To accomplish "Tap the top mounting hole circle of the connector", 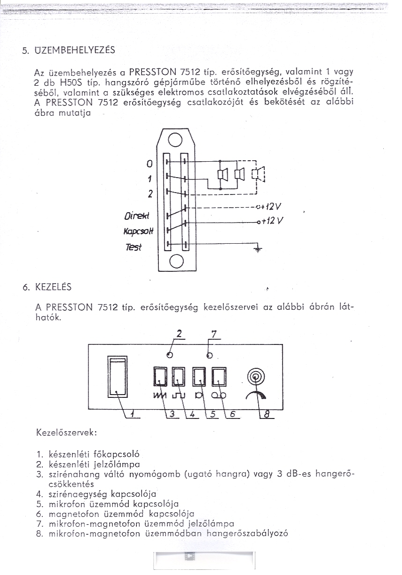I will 175,139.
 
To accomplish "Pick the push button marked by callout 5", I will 199,375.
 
